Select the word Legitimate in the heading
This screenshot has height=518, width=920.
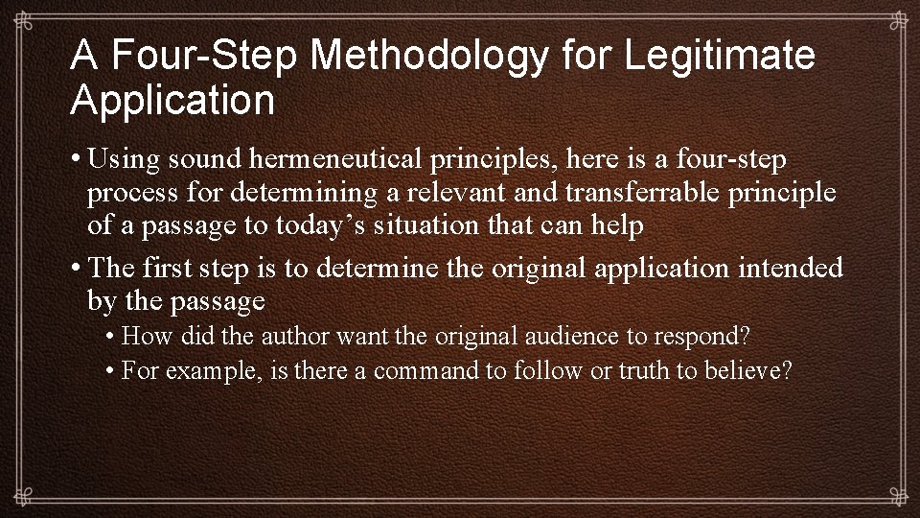click(x=720, y=57)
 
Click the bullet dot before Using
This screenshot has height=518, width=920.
click(x=76, y=157)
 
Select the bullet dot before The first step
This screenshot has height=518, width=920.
click(x=76, y=268)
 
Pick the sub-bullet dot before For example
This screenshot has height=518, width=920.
click(x=112, y=371)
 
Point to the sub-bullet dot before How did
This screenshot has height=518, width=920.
click(x=112, y=337)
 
